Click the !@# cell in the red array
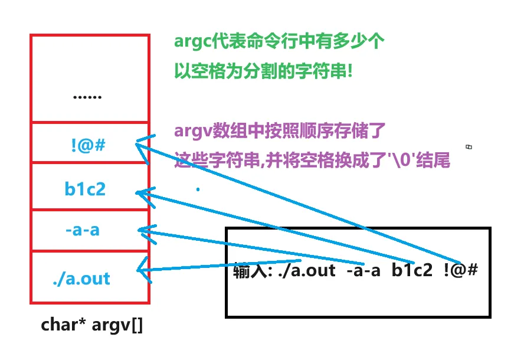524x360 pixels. (x=90, y=143)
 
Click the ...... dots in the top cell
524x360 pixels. (x=87, y=96)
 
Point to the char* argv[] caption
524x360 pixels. (x=92, y=325)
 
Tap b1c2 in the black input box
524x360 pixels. (x=411, y=271)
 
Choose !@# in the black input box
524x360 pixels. (x=460, y=271)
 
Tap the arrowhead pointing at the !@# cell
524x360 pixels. (x=139, y=143)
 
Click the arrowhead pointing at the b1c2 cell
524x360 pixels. (x=139, y=192)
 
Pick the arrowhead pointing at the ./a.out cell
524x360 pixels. (x=140, y=271)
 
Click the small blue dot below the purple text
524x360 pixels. (x=198, y=189)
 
